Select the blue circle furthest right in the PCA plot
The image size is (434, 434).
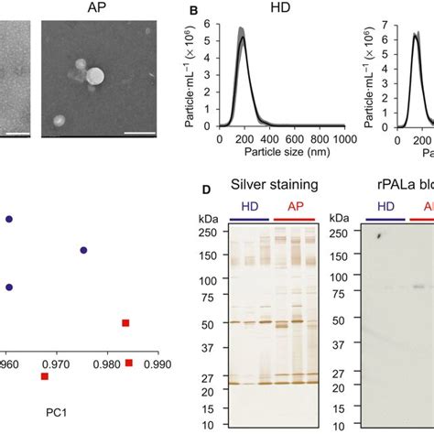[x=83, y=250]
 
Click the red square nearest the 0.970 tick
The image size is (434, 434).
[x=45, y=376]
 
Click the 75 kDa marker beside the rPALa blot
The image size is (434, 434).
[x=340, y=295]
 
